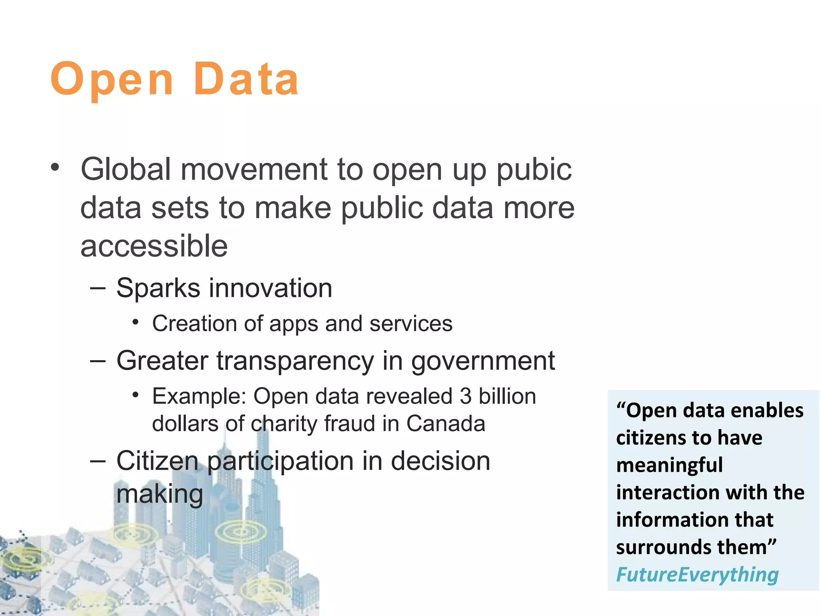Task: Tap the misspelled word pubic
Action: [x=534, y=170]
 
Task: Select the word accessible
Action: [x=154, y=246]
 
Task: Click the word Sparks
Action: [x=158, y=288]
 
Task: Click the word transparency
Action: [x=295, y=361]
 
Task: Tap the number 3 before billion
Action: [x=465, y=396]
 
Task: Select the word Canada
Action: [x=445, y=424]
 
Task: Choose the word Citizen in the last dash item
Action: [x=157, y=461]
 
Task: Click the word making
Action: [x=160, y=494]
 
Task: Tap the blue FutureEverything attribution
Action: [x=697, y=574]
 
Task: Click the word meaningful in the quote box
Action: [x=669, y=465]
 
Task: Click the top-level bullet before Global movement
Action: [x=55, y=167]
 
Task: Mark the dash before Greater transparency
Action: [x=98, y=361]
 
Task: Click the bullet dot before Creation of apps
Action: [x=135, y=322]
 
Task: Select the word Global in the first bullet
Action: [x=126, y=170]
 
